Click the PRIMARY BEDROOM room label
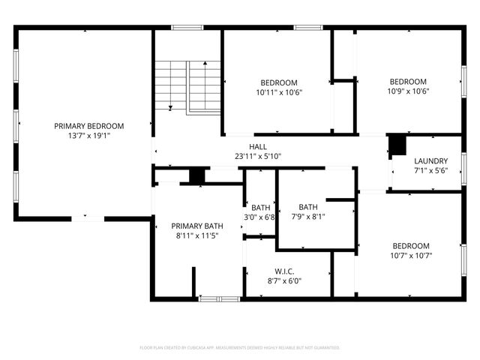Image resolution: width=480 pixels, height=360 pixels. coord(88,126)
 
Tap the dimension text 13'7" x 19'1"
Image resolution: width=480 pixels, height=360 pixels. coord(88,136)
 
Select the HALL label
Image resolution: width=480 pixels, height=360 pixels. coord(258,147)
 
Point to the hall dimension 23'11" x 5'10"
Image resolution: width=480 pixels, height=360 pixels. coord(258,157)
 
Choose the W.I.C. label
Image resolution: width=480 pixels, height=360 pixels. coord(283,271)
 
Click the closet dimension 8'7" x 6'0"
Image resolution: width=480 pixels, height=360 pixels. coord(283,281)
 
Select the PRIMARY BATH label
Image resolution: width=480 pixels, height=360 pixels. coord(197,226)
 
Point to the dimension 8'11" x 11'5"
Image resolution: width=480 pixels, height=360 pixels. coord(197,236)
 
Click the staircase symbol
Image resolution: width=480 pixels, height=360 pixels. coord(187,86)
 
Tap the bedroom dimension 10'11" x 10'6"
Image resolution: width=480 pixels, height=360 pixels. coord(279,93)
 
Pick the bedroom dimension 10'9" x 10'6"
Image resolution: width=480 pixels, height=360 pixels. coord(408,92)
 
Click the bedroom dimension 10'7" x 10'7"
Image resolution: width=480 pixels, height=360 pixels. coord(411,256)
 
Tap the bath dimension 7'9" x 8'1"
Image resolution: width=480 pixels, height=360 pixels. coord(308,217)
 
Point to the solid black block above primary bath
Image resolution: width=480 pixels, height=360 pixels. coord(196,175)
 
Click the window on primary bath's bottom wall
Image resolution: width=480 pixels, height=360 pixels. coord(219,298)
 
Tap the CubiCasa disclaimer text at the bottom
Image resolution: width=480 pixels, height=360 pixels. coord(240,348)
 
